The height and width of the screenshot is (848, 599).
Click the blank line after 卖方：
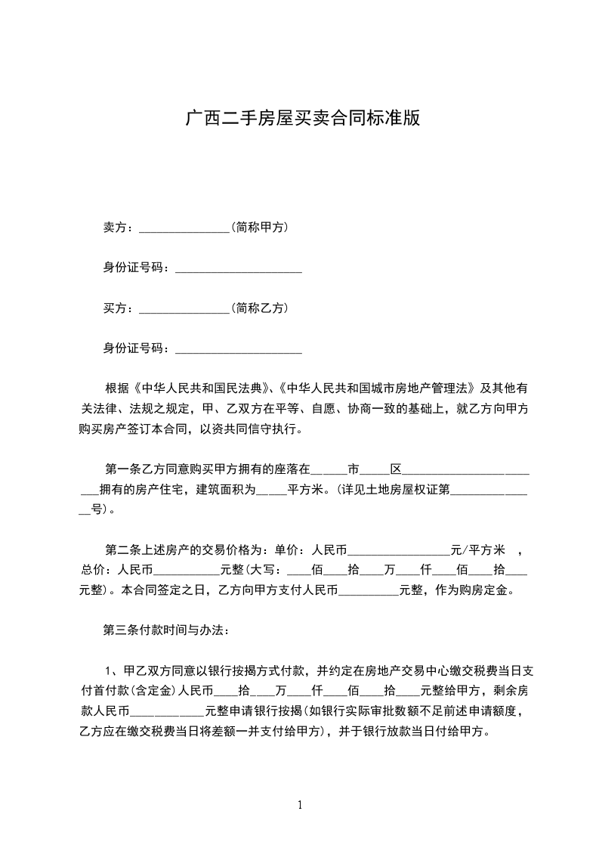(x=184, y=227)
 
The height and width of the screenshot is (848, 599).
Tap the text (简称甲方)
(x=261, y=227)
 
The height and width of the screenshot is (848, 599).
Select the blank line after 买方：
(x=184, y=308)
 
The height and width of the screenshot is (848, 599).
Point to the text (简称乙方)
(x=261, y=308)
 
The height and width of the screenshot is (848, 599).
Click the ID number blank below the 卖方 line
(x=238, y=268)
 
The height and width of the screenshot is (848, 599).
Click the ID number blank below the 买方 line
(x=238, y=349)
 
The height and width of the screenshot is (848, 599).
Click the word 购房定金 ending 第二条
(x=490, y=590)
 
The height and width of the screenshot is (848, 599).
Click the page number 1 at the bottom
(x=300, y=805)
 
